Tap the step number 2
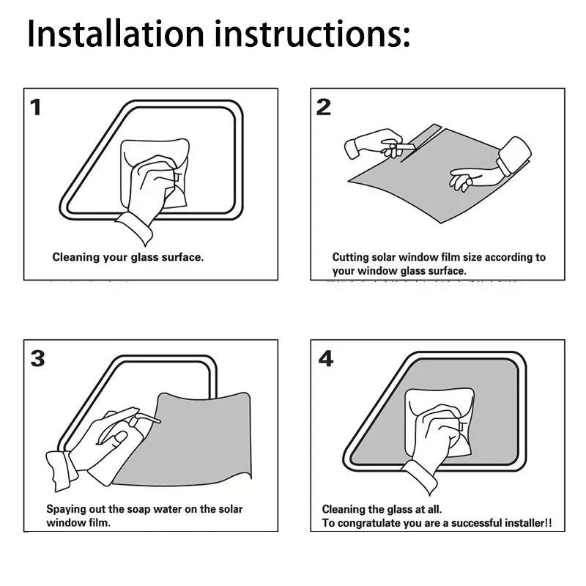coord(323,108)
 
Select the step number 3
coord(37,359)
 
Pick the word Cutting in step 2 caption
coord(351,258)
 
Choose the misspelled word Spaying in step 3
coord(67,509)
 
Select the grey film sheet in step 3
coord(198,447)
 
